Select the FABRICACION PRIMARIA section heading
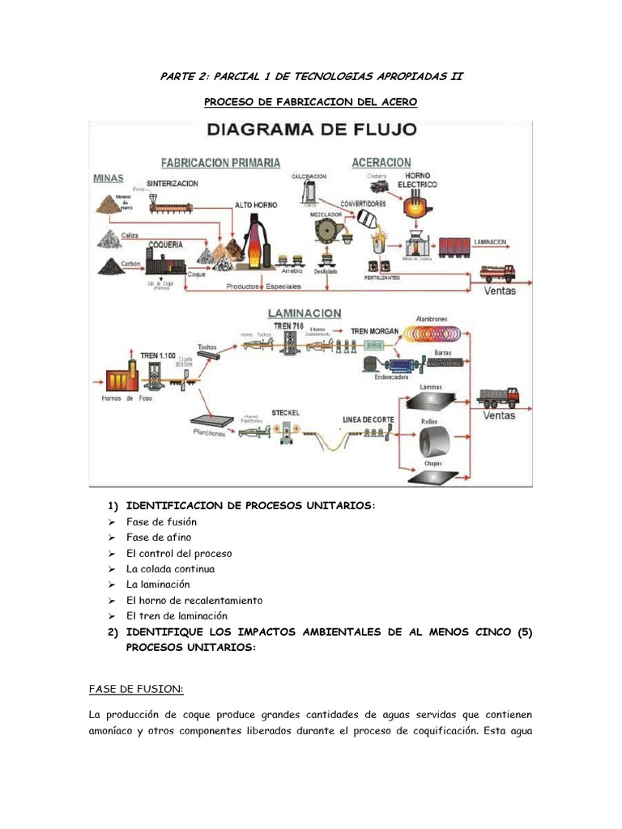pyautogui.click(x=221, y=162)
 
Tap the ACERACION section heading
pyautogui.click(x=381, y=162)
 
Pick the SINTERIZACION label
pyautogui.click(x=172, y=184)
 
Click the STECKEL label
pyautogui.click(x=286, y=413)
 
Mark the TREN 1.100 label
pyautogui.click(x=159, y=355)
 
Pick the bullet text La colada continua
pyautogui.click(x=170, y=569)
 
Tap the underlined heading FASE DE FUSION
pyautogui.click(x=135, y=690)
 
